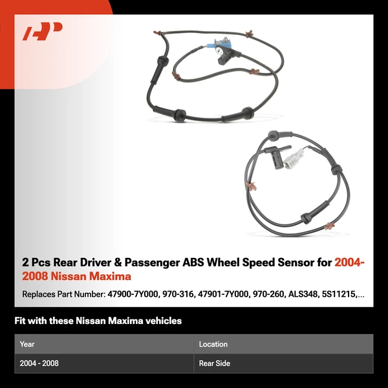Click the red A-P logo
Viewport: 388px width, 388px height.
tap(42, 32)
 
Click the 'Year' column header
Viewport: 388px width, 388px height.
tap(27, 344)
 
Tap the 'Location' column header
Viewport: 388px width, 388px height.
tap(213, 344)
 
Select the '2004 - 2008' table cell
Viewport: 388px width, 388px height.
tap(39, 363)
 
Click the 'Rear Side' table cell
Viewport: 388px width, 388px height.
tap(215, 363)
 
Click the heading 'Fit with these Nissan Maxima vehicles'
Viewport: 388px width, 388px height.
tap(98, 321)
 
